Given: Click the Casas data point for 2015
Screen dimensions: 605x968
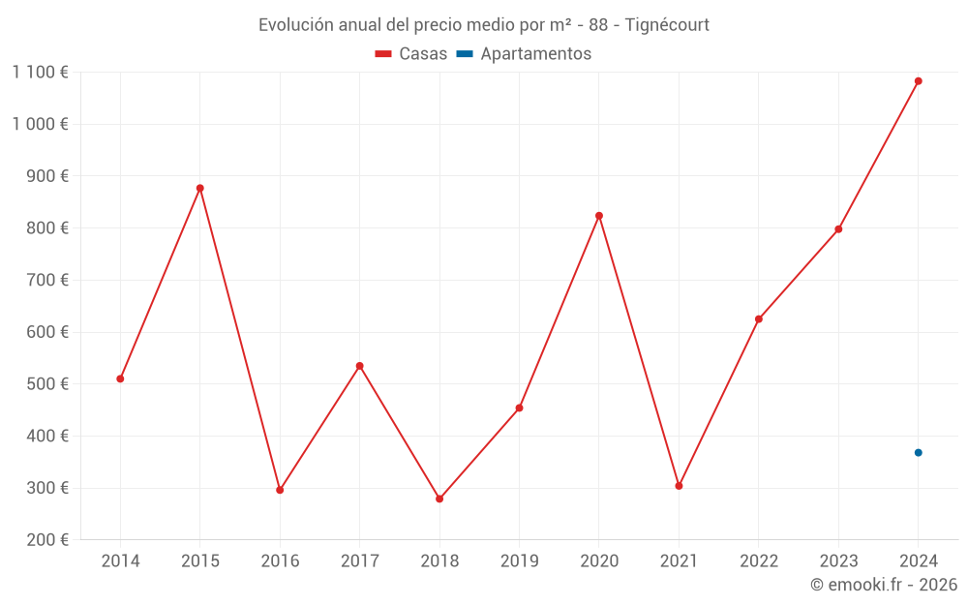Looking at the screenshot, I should [200, 188].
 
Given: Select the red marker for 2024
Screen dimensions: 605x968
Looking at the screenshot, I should [918, 81].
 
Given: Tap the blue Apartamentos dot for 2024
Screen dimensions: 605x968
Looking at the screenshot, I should [918, 453].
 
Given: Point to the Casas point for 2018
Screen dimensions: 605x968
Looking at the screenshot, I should [439, 499].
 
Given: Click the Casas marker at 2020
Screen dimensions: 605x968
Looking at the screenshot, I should [599, 216].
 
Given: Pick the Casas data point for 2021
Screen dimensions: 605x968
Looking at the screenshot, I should [679, 486].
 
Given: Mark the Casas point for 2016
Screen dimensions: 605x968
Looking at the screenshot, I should [280, 490].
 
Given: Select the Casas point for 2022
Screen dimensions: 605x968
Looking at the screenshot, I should [759, 318].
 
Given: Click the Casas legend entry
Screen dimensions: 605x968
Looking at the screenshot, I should [411, 54].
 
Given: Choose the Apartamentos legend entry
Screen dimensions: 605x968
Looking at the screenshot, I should [524, 54].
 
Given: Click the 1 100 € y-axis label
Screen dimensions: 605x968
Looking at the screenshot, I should [40, 72].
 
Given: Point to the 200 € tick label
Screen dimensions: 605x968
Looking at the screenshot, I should [46, 540].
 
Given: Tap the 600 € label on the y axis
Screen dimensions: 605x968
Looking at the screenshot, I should [46, 332].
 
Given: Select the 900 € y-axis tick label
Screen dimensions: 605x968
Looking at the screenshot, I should [46, 176].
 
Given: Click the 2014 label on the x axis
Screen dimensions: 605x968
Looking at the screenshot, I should [120, 561].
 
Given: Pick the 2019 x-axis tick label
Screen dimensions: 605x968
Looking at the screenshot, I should [519, 561].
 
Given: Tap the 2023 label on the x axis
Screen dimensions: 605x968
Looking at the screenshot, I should [838, 561].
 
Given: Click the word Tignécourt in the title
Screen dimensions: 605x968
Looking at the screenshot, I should [667, 25].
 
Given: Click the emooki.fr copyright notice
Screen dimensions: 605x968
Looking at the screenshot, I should [883, 585].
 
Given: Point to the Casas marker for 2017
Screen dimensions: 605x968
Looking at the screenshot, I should [359, 366].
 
